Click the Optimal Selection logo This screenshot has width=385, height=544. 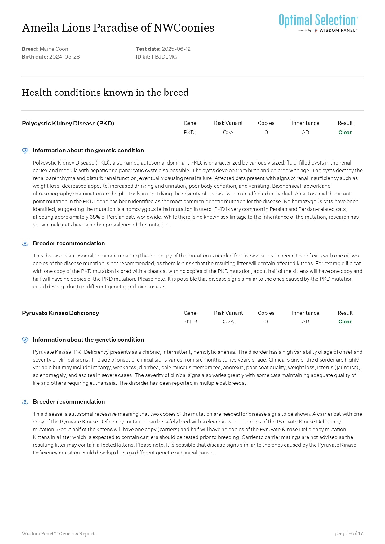point(318,22)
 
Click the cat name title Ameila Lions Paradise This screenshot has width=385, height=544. point(118,28)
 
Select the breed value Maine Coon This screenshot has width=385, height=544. point(54,49)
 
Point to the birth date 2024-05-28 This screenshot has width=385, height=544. point(64,57)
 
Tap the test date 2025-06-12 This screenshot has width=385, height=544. point(176,49)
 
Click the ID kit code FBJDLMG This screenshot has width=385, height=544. point(164,57)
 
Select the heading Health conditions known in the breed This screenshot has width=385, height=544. point(105,92)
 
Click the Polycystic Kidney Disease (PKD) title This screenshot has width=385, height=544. point(68,123)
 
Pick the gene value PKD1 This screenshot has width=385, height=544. point(190,132)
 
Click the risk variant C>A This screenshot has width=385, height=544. point(228,132)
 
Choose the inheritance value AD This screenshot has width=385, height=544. point(305,132)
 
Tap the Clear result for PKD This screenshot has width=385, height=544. point(345,132)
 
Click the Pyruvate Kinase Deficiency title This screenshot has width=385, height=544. point(60,313)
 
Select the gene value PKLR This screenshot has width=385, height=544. point(190,322)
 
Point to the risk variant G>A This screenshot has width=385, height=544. point(228,322)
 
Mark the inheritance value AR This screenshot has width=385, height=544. point(305,322)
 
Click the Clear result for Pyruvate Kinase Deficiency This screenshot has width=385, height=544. point(345,322)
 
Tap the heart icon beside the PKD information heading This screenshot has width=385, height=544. point(25,151)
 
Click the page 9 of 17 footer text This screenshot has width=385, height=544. point(349,533)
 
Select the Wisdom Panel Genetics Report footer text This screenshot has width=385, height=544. point(58,533)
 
